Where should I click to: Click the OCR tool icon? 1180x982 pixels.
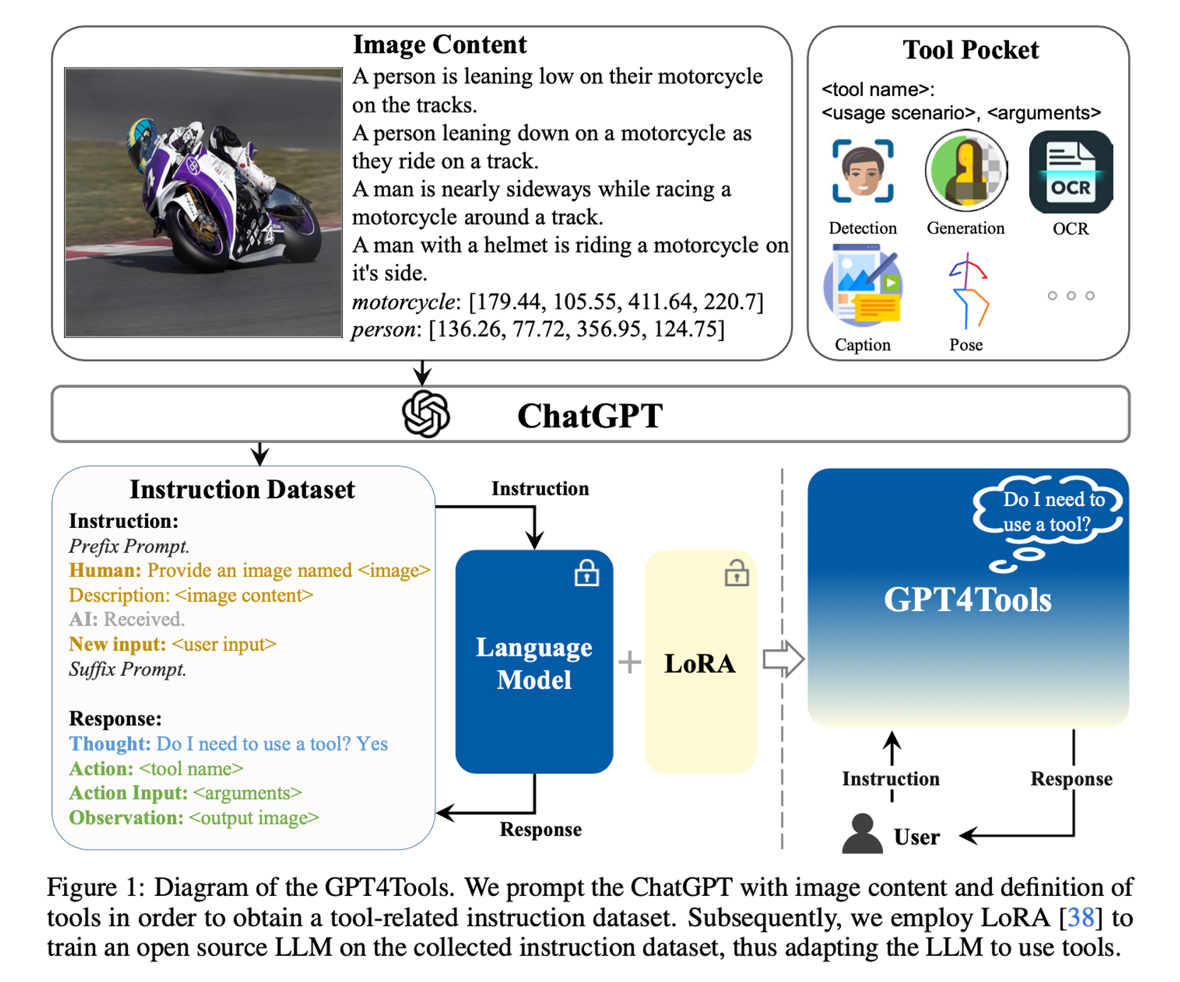tap(1070, 172)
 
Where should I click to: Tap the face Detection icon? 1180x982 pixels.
tap(862, 171)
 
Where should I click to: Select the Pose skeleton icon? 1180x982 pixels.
tap(968, 291)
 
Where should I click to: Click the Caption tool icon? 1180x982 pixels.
tap(862, 287)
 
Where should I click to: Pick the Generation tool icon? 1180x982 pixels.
tap(966, 171)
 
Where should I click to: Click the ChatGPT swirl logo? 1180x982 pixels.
tap(425, 415)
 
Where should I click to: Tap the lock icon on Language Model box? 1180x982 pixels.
tap(586, 573)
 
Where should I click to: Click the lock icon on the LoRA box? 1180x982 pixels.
tap(736, 573)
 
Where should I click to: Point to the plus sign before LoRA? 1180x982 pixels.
tap(630, 662)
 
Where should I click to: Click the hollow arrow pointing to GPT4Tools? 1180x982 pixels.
tap(782, 659)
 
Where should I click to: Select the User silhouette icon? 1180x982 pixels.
tap(862, 834)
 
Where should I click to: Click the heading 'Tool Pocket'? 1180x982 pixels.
tap(970, 50)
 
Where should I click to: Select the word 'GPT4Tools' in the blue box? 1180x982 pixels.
tap(967, 600)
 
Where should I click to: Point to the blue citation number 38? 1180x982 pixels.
tap(1081, 918)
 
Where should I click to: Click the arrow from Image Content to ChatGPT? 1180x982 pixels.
tap(422, 373)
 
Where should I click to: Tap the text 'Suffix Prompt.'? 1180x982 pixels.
tap(127, 669)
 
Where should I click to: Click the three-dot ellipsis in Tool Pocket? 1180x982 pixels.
tap(1070, 295)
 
